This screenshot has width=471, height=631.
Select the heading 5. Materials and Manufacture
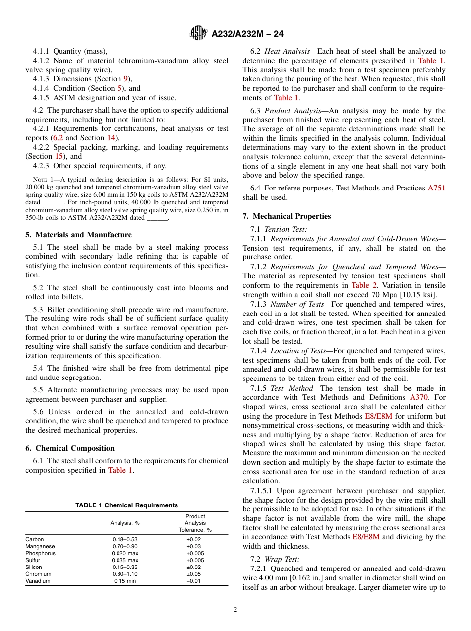(x=79, y=235)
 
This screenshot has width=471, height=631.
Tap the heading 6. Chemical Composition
(x=70, y=448)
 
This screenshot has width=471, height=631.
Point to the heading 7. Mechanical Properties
(x=287, y=216)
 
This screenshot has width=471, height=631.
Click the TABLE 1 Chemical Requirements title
(x=126, y=505)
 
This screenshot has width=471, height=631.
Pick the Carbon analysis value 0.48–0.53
(x=125, y=539)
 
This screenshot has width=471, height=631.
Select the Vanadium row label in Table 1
(x=38, y=581)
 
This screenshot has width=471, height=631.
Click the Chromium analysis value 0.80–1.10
(x=125, y=574)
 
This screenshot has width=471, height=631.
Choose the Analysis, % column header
(x=125, y=523)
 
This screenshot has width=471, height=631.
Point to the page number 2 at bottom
(x=235, y=610)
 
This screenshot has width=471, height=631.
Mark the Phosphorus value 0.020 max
(x=125, y=553)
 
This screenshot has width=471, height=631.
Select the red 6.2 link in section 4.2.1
(x=58, y=138)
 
